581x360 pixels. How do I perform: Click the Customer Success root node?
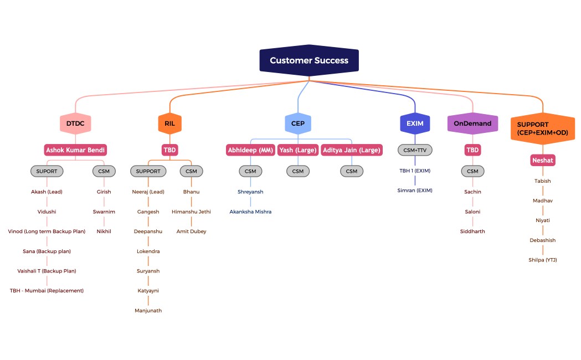[309, 60]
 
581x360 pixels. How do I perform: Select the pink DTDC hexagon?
[75, 124]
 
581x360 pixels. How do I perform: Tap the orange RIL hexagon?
[169, 124]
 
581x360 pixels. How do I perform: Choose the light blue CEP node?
[298, 124]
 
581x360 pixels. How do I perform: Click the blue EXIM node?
[415, 124]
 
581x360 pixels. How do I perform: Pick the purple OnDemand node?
[472, 124]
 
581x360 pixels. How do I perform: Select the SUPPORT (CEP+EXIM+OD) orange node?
[542, 128]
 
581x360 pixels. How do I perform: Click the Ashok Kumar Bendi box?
[75, 150]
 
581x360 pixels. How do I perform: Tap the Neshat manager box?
[542, 161]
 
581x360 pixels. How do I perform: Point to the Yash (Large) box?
[298, 150]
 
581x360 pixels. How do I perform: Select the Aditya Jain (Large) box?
[352, 150]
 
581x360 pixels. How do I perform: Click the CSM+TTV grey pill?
[415, 150]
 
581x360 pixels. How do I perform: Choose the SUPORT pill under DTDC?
[47, 171]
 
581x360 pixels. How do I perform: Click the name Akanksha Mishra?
[250, 212]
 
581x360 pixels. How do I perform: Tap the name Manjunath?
[148, 311]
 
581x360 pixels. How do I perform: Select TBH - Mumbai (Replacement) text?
[47, 291]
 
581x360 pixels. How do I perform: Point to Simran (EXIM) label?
[415, 191]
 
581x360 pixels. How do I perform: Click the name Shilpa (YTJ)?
[542, 260]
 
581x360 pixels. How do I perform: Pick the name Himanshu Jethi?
[191, 212]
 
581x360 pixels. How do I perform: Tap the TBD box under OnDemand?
[472, 150]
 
